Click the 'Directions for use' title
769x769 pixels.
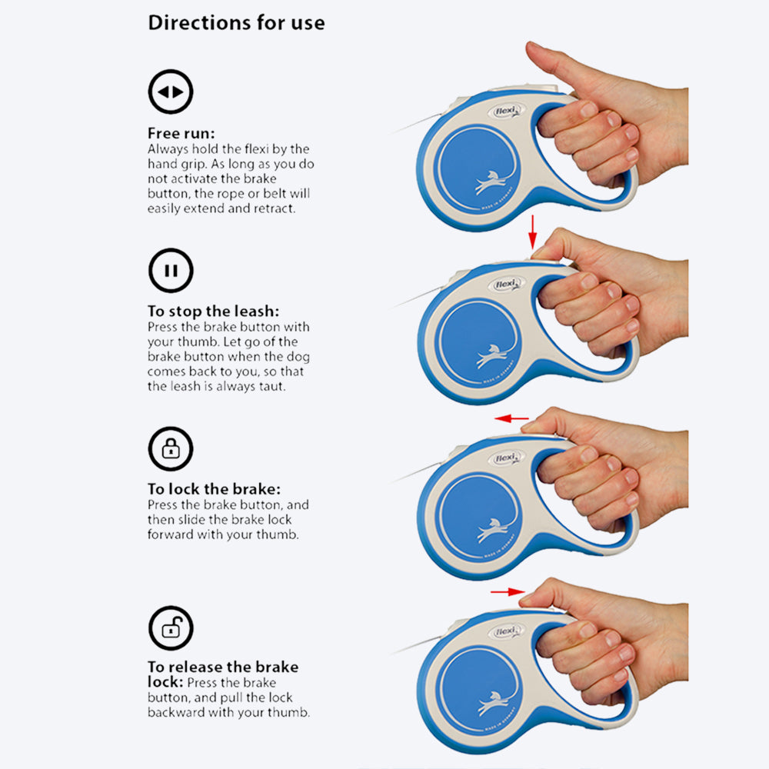click(x=236, y=22)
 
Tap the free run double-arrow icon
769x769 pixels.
click(x=171, y=92)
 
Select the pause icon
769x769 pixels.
click(x=171, y=270)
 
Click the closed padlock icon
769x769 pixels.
click(x=171, y=449)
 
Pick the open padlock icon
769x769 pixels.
click(x=171, y=628)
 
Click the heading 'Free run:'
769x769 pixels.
click(x=181, y=133)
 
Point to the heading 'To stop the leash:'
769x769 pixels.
click(x=213, y=311)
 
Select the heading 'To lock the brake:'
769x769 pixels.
click(x=214, y=489)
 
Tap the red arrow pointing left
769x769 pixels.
click(x=511, y=418)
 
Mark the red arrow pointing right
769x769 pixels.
click(x=508, y=592)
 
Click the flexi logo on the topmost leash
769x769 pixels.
click(x=506, y=112)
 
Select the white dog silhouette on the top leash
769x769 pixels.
click(x=491, y=182)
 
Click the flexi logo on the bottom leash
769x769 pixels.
click(x=506, y=631)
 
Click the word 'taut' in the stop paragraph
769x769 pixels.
click(x=271, y=387)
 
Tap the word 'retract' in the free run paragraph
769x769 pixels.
click(x=275, y=208)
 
